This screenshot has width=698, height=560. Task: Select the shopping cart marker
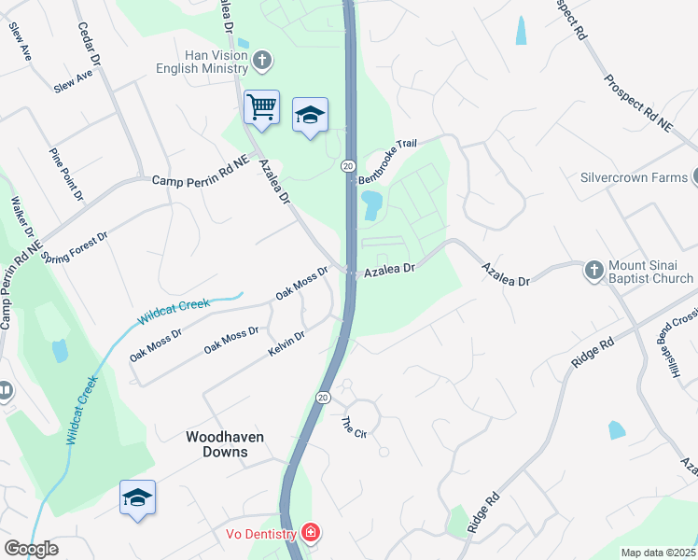point(261,106)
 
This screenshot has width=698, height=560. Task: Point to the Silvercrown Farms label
point(634,177)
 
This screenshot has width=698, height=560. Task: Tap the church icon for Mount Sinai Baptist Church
point(593,271)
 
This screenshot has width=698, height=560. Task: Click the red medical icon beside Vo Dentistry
point(310,534)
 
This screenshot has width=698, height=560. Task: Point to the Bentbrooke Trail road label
point(385,161)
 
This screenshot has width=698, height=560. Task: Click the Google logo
point(31,549)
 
